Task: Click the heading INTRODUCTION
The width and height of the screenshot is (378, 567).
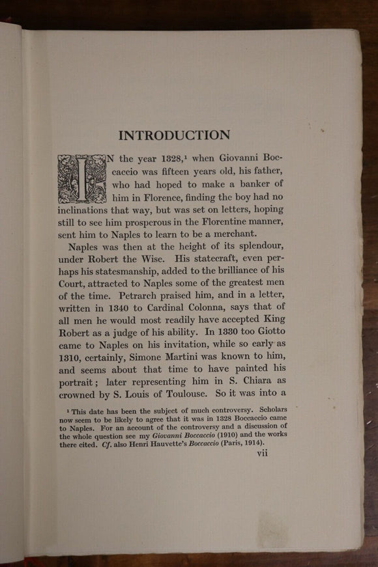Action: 174,135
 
